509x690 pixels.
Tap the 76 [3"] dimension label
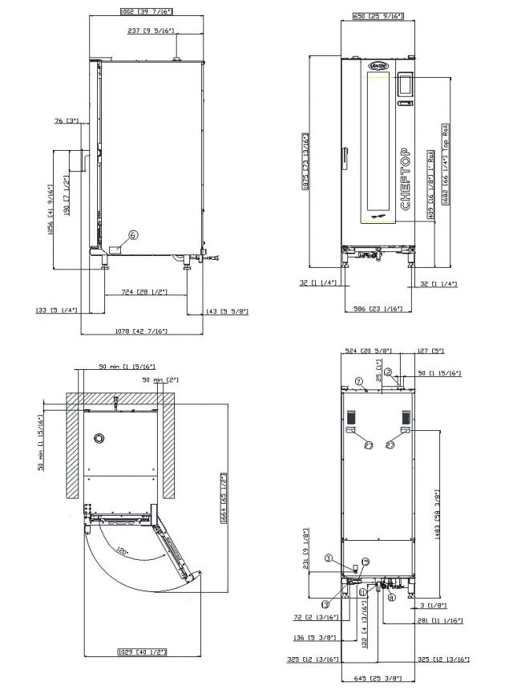pyautogui.click(x=67, y=121)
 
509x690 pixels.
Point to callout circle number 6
pyautogui.click(x=133, y=235)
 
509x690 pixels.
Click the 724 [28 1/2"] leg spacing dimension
pyautogui.click(x=143, y=291)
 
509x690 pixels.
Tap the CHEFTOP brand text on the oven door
pyautogui.click(x=405, y=179)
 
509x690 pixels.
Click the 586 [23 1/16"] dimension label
pyautogui.click(x=379, y=308)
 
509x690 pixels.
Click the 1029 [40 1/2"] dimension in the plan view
pyautogui.click(x=142, y=651)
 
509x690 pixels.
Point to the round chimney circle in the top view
pyautogui.click(x=99, y=438)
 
